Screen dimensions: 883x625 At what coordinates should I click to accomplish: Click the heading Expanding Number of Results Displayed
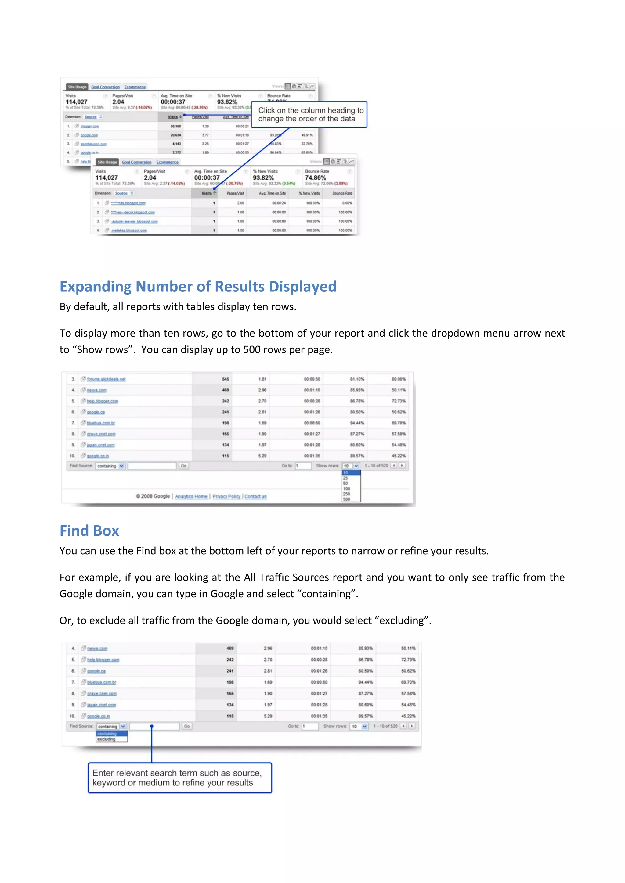pyautogui.click(x=198, y=287)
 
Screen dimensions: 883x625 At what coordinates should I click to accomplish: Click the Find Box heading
pyautogui.click(x=89, y=531)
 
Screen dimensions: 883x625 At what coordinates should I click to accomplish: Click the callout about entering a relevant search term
pyautogui.click(x=180, y=778)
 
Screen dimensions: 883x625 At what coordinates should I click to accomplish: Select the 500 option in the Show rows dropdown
pyautogui.click(x=346, y=499)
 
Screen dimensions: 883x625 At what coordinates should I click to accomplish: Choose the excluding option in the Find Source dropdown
pyautogui.click(x=107, y=739)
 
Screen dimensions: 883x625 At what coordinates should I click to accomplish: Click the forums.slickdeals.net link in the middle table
pyautogui.click(x=106, y=379)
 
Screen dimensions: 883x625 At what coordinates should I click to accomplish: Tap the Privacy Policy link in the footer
pyautogui.click(x=226, y=496)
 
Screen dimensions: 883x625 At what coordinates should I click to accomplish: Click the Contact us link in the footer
pyautogui.click(x=255, y=496)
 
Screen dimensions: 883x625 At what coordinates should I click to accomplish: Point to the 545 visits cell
pyautogui.click(x=225, y=379)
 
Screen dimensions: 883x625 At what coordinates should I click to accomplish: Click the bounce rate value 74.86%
pyautogui.click(x=315, y=178)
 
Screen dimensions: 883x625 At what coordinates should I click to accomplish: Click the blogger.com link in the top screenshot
pyautogui.click(x=90, y=127)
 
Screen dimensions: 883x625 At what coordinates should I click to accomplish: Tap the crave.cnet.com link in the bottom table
pyautogui.click(x=102, y=694)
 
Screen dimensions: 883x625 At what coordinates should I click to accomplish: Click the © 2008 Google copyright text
pyautogui.click(x=153, y=496)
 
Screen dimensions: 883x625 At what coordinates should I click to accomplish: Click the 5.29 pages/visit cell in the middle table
pyautogui.click(x=262, y=456)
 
